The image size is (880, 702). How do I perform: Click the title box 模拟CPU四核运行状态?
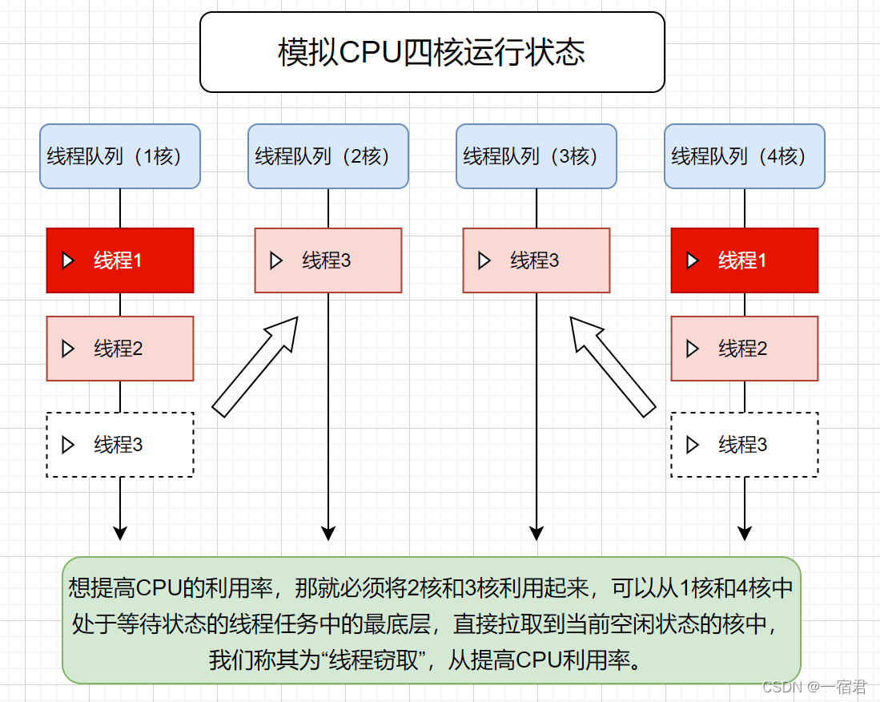pyautogui.click(x=432, y=52)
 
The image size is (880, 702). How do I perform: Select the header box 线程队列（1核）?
pyautogui.click(x=119, y=156)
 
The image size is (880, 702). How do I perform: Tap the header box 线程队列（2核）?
pyautogui.click(x=327, y=156)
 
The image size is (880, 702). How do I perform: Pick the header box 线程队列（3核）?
pyautogui.click(x=536, y=156)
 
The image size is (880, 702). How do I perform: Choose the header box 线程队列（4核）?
pyautogui.click(x=744, y=156)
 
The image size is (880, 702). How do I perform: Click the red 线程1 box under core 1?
pyautogui.click(x=119, y=260)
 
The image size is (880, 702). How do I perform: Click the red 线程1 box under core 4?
pyautogui.click(x=744, y=260)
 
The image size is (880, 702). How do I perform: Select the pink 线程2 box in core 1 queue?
pyautogui.click(x=119, y=349)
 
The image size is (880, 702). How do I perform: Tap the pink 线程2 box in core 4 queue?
pyautogui.click(x=744, y=349)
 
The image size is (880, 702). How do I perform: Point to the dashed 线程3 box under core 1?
pyautogui.click(x=119, y=445)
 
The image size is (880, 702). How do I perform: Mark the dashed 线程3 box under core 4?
pyautogui.click(x=744, y=445)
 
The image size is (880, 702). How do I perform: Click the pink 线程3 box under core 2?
pyautogui.click(x=327, y=260)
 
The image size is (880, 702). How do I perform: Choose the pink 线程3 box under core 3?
pyautogui.click(x=536, y=260)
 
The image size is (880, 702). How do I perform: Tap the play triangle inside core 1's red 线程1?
pyautogui.click(x=68, y=260)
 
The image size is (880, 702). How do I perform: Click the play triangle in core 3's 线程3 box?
pyautogui.click(x=484, y=260)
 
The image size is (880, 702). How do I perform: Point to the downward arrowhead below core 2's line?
pyautogui.click(x=327, y=533)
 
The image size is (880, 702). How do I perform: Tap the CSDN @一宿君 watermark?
pyautogui.click(x=814, y=687)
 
